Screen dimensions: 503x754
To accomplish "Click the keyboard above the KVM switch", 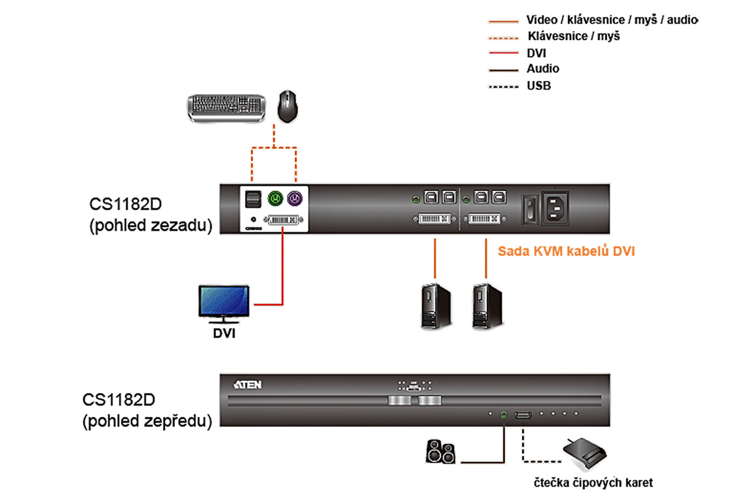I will tap(226, 107).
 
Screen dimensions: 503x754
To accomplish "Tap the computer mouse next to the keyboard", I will tap(288, 106).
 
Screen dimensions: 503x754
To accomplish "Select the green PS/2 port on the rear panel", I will tap(276, 199).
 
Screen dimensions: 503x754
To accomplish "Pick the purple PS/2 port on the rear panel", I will tap(295, 199).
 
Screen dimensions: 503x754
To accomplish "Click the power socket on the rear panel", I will tap(555, 207).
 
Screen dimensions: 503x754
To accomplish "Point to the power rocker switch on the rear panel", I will tap(529, 209).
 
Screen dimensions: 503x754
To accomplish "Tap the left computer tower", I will tap(435, 306).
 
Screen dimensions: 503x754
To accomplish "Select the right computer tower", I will tap(487, 306).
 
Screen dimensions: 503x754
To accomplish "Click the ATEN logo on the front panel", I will tap(247, 385).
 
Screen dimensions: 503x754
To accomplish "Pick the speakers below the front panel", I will tap(441, 451).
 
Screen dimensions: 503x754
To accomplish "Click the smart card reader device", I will tap(585, 453).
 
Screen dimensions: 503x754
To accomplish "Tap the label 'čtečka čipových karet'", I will tap(593, 483).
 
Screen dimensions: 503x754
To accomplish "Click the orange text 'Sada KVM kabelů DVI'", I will tap(566, 251).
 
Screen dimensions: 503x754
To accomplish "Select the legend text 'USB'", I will tap(539, 86).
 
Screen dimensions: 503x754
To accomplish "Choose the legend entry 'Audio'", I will tap(543, 69).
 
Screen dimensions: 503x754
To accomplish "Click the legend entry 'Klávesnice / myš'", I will tap(574, 36).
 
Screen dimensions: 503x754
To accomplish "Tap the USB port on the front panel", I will tap(523, 415).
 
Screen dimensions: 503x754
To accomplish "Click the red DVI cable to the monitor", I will tap(282, 269).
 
